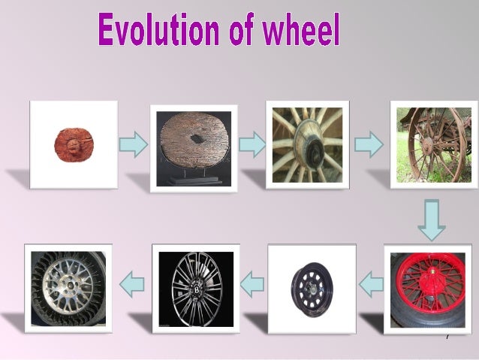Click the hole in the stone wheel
pos(197,139)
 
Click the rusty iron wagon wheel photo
pos(432,144)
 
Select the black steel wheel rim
pos(312,289)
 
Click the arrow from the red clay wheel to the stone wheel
pos(133,144)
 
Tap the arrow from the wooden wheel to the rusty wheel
pos(368,144)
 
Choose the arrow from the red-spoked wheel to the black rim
pos(370,284)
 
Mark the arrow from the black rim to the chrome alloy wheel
pos(252,284)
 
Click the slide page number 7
pos(447,337)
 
